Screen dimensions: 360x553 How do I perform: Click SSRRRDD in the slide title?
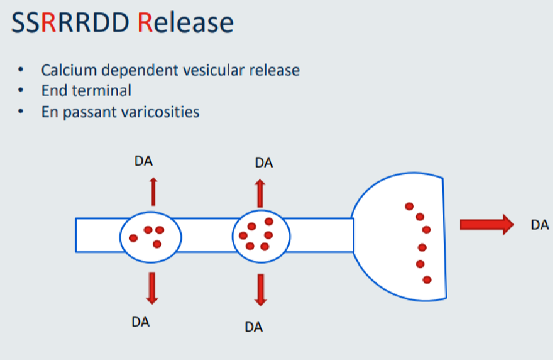coord(71,23)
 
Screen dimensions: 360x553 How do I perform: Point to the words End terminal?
coord(86,90)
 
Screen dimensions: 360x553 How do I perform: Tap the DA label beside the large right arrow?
coord(540,225)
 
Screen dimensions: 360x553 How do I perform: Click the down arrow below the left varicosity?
coord(151,287)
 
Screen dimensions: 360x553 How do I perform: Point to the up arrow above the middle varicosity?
coord(259,192)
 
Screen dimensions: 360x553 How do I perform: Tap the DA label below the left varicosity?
coord(141,321)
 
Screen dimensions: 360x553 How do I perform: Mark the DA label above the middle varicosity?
coord(264,163)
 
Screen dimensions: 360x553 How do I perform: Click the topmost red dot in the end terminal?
coord(409,206)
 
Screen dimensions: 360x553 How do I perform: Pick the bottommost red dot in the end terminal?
coord(427,279)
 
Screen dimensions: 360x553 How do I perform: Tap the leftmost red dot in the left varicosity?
coord(133,238)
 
